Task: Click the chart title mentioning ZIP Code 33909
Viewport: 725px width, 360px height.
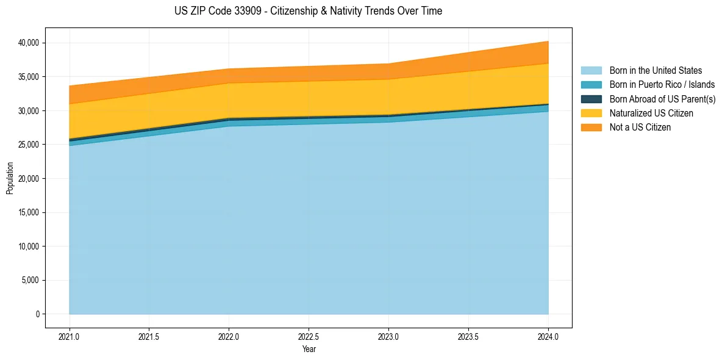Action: (308, 11)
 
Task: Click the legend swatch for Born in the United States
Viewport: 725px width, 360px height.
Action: (591, 71)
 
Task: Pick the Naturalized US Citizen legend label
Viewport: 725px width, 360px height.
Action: (651, 113)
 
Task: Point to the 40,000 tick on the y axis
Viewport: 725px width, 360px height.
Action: (29, 43)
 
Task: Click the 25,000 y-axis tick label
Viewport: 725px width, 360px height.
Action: (29, 145)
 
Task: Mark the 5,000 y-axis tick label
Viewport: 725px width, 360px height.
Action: (31, 280)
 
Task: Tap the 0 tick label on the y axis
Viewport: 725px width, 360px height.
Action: (37, 314)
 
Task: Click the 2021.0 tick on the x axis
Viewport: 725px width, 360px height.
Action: (70, 336)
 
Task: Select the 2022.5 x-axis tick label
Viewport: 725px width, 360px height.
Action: (309, 336)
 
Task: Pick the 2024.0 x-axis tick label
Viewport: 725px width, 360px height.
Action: (548, 336)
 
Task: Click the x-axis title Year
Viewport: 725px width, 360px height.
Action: (309, 349)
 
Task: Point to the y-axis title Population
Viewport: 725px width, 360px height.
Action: (10, 178)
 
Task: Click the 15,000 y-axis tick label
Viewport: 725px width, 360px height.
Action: (29, 212)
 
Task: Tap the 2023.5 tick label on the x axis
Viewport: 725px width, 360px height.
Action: (468, 336)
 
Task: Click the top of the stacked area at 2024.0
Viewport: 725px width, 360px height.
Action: (548, 41)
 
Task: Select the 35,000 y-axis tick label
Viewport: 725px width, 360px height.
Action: (29, 77)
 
